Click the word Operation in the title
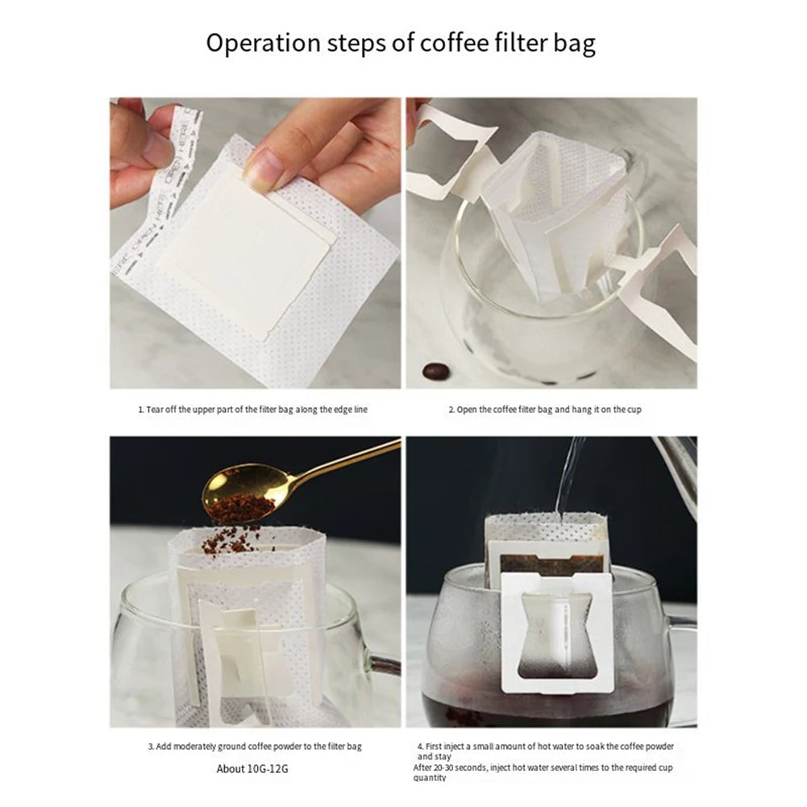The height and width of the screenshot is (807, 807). pyautogui.click(x=256, y=43)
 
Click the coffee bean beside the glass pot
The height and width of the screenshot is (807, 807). pyautogui.click(x=436, y=372)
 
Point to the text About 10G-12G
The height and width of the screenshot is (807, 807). pyautogui.click(x=252, y=768)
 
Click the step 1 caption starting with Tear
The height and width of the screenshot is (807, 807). pyautogui.click(x=252, y=410)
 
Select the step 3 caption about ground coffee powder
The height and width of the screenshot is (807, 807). pyautogui.click(x=255, y=747)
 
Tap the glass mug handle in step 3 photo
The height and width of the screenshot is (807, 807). pyautogui.click(x=384, y=665)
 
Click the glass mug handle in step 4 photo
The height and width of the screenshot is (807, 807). pyautogui.click(x=683, y=653)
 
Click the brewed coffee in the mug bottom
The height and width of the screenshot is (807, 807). pyautogui.click(x=548, y=709)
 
